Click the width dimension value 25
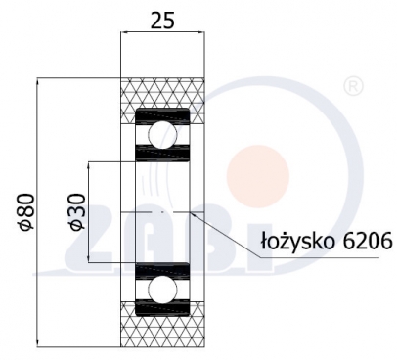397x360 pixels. click(x=162, y=18)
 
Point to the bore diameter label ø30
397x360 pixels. click(x=77, y=210)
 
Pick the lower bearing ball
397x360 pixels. click(x=162, y=289)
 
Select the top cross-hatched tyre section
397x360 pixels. click(x=162, y=94)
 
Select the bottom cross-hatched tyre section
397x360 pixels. click(x=162, y=328)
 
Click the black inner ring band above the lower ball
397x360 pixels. click(x=162, y=267)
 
